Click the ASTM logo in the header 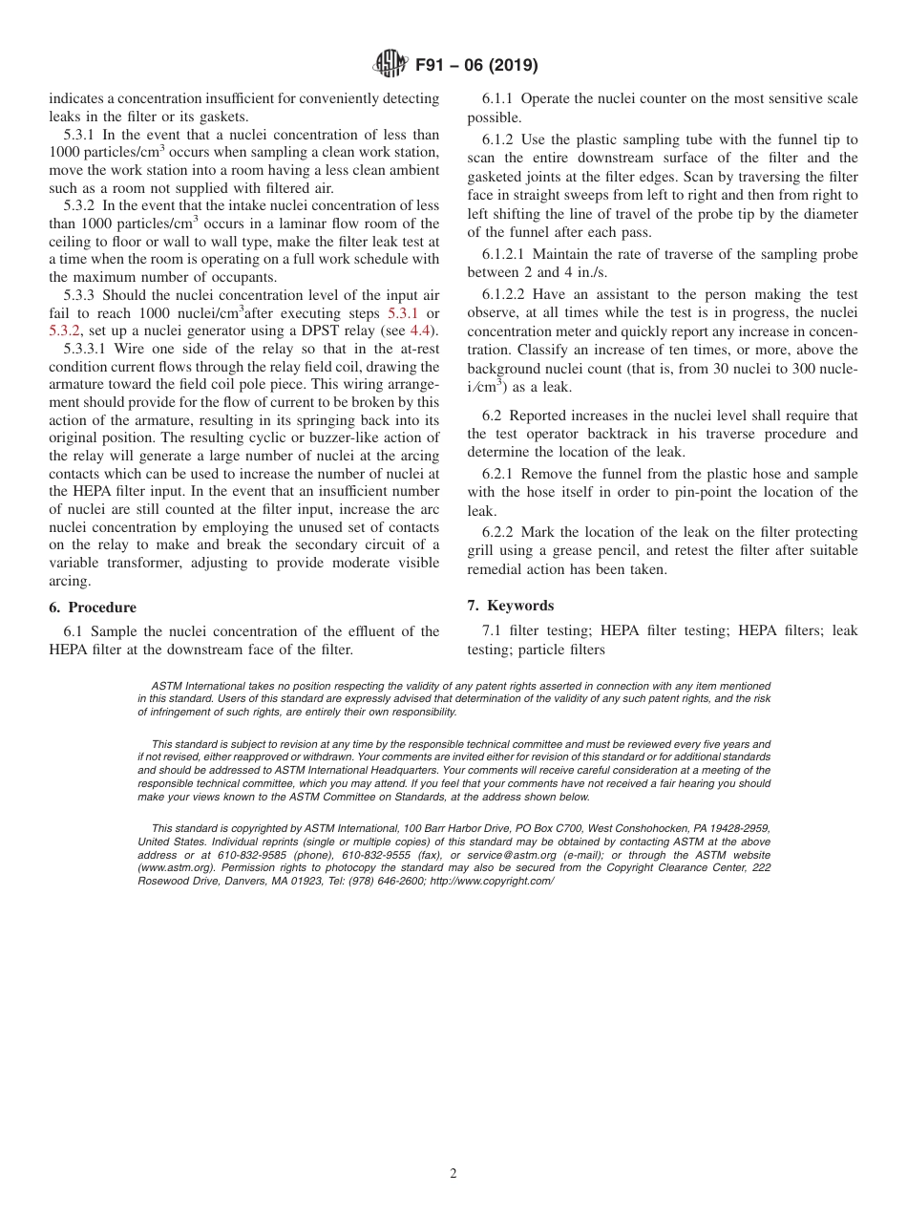tap(389, 65)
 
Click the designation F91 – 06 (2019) tap(476, 66)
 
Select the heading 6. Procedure tap(93, 607)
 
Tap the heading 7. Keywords tap(511, 606)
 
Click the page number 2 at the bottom tap(453, 1174)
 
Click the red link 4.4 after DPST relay tap(419, 330)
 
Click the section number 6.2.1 tap(500, 474)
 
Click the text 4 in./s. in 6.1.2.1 tap(584, 272)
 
